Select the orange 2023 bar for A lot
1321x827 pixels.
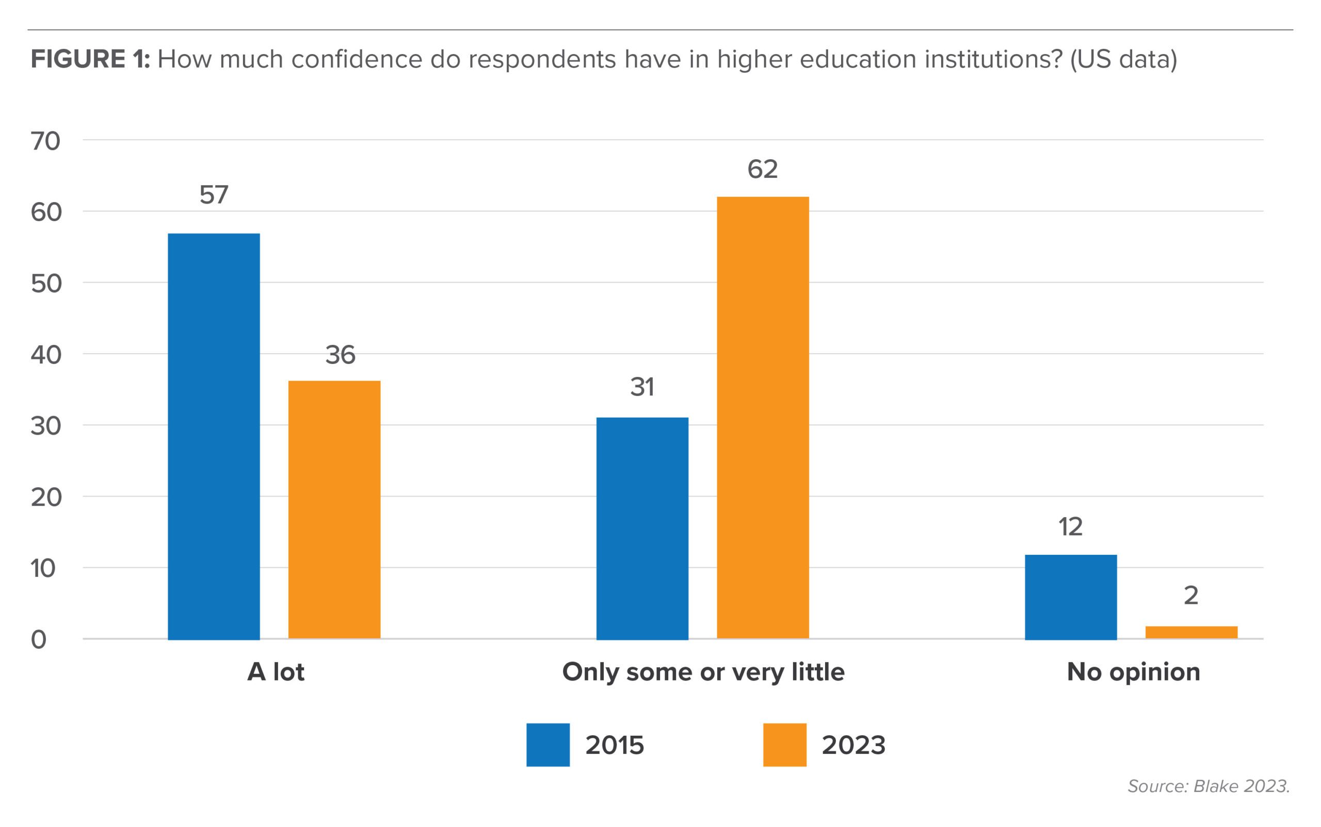coord(334,509)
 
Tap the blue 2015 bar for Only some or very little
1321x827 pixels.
coord(642,528)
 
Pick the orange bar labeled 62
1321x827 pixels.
coord(763,417)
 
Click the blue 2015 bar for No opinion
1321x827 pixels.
coord(1070,597)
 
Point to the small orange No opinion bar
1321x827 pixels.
coord(1191,632)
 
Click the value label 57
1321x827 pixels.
coord(214,195)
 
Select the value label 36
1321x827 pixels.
coord(340,355)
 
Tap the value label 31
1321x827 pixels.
coord(642,387)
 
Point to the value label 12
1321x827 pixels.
coord(1070,527)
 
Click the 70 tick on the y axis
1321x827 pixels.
coord(45,141)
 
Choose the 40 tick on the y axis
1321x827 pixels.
coord(45,355)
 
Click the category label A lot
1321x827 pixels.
coord(276,672)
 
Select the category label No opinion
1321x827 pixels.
coord(1133,672)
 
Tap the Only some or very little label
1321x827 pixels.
coord(703,672)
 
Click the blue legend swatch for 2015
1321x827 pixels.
coord(547,745)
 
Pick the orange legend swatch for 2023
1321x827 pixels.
coord(784,745)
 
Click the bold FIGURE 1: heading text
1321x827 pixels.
coord(90,59)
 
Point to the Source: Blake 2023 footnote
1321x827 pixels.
coord(1208,786)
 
